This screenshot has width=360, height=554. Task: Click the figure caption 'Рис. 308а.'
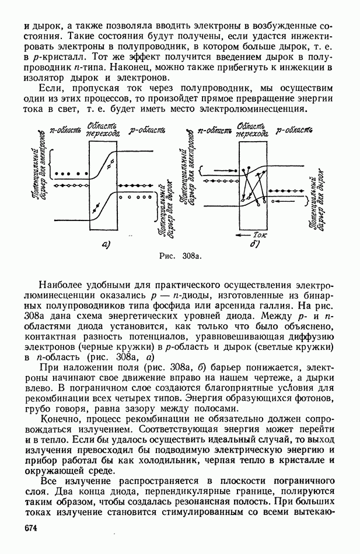180,256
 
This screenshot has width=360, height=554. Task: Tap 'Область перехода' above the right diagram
253,129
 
